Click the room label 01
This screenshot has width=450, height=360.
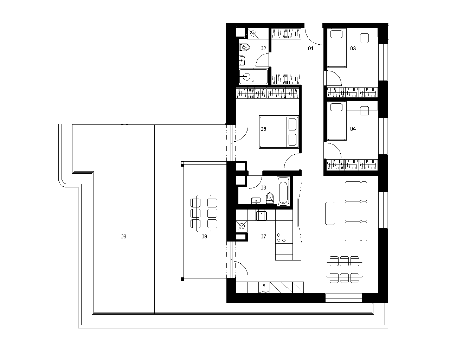point(310,49)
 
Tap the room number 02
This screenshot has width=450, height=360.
point(263,49)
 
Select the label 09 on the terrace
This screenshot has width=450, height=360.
point(123,237)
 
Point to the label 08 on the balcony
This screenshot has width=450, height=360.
point(204,237)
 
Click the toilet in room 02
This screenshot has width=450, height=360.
point(244,47)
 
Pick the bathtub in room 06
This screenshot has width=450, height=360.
point(283,191)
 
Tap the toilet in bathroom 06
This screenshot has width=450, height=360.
point(270,198)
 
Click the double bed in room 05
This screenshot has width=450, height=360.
point(279,132)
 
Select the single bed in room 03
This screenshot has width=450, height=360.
point(336,48)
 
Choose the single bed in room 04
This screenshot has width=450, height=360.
point(336,121)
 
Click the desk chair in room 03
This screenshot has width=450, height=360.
point(364,38)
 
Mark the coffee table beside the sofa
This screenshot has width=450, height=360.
point(330,213)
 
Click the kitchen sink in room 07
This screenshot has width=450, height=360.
point(261,216)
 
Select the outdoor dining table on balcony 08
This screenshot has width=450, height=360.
point(204,213)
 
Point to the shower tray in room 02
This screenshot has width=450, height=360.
point(253,77)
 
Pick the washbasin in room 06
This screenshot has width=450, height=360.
point(256,201)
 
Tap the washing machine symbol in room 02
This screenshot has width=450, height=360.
point(253,33)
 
